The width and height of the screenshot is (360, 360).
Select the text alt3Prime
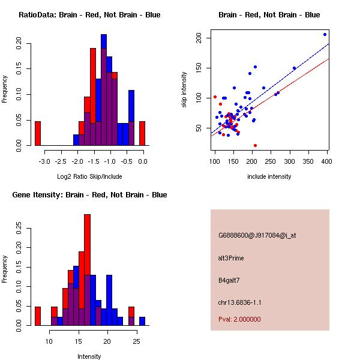232,259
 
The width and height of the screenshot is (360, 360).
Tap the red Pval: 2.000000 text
240,320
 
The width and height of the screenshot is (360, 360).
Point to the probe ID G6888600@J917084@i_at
257,235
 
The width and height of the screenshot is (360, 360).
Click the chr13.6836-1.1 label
240,302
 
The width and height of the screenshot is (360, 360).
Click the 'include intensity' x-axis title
269,176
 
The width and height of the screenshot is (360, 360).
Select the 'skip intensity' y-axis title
185,90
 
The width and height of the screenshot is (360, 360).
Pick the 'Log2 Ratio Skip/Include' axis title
90,176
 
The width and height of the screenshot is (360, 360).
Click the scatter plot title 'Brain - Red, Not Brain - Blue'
269,15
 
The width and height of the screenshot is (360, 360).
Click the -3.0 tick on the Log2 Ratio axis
44,161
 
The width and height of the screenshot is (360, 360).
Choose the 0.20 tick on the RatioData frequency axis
19,43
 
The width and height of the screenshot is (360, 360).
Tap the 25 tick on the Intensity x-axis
136,341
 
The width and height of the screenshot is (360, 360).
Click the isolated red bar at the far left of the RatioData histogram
38,133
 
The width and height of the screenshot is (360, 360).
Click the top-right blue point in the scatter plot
325,34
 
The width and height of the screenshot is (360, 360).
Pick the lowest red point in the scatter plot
256,145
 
